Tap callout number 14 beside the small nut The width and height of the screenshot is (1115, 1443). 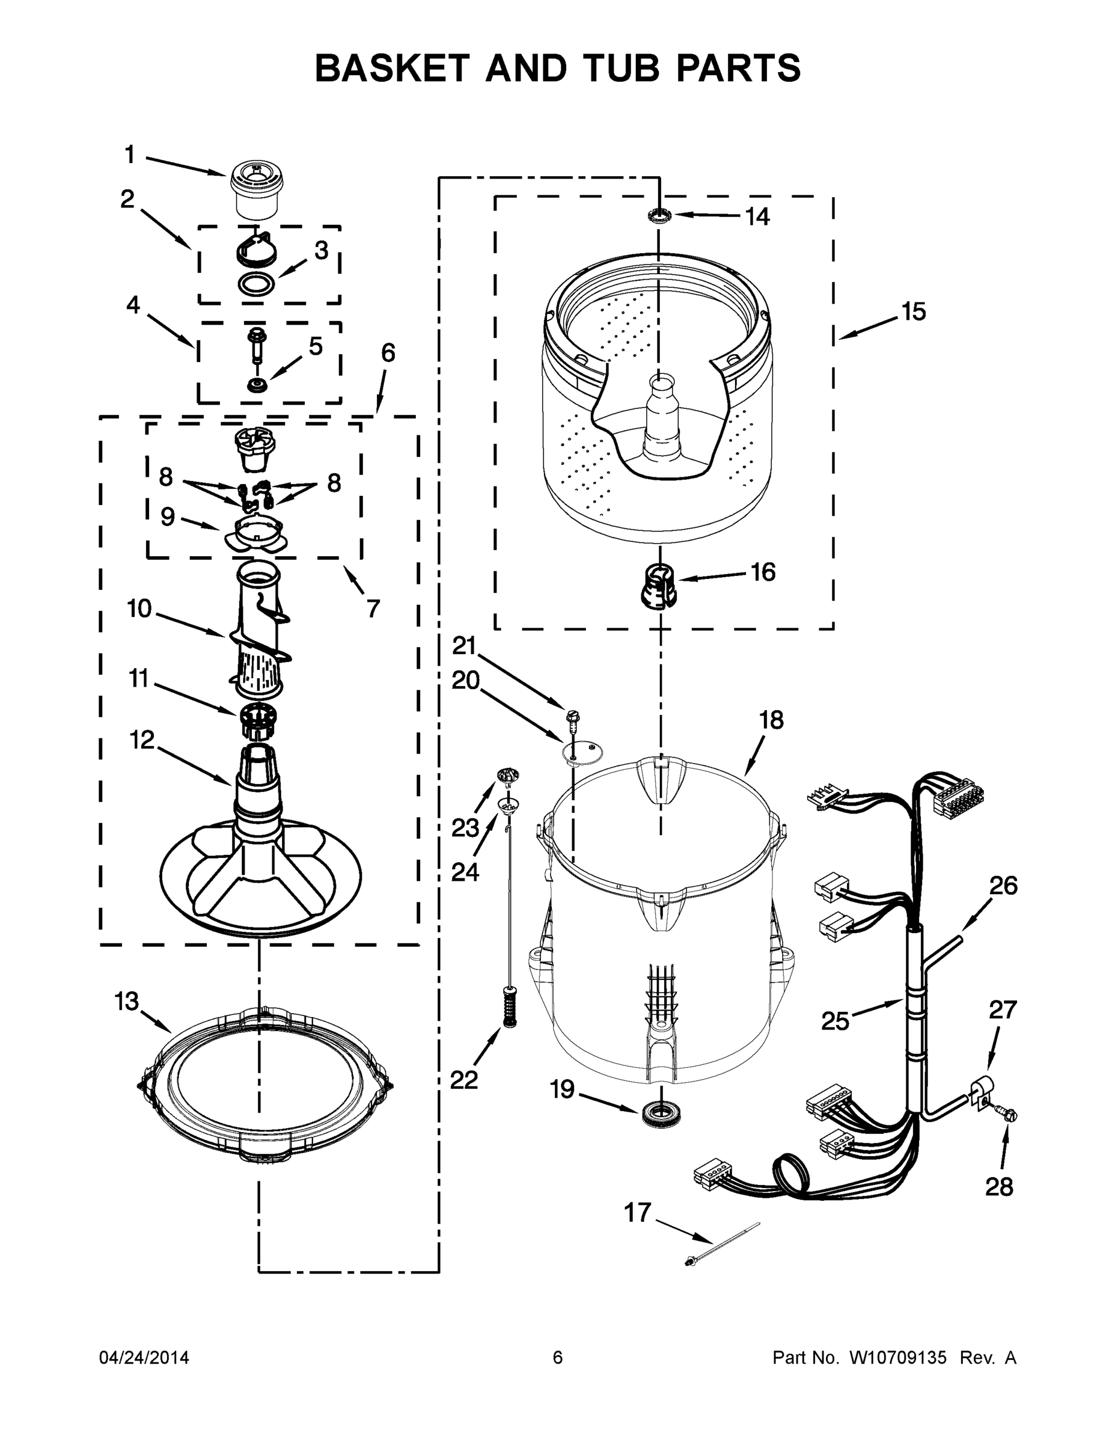point(757,216)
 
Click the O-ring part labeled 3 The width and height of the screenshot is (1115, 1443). point(255,285)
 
